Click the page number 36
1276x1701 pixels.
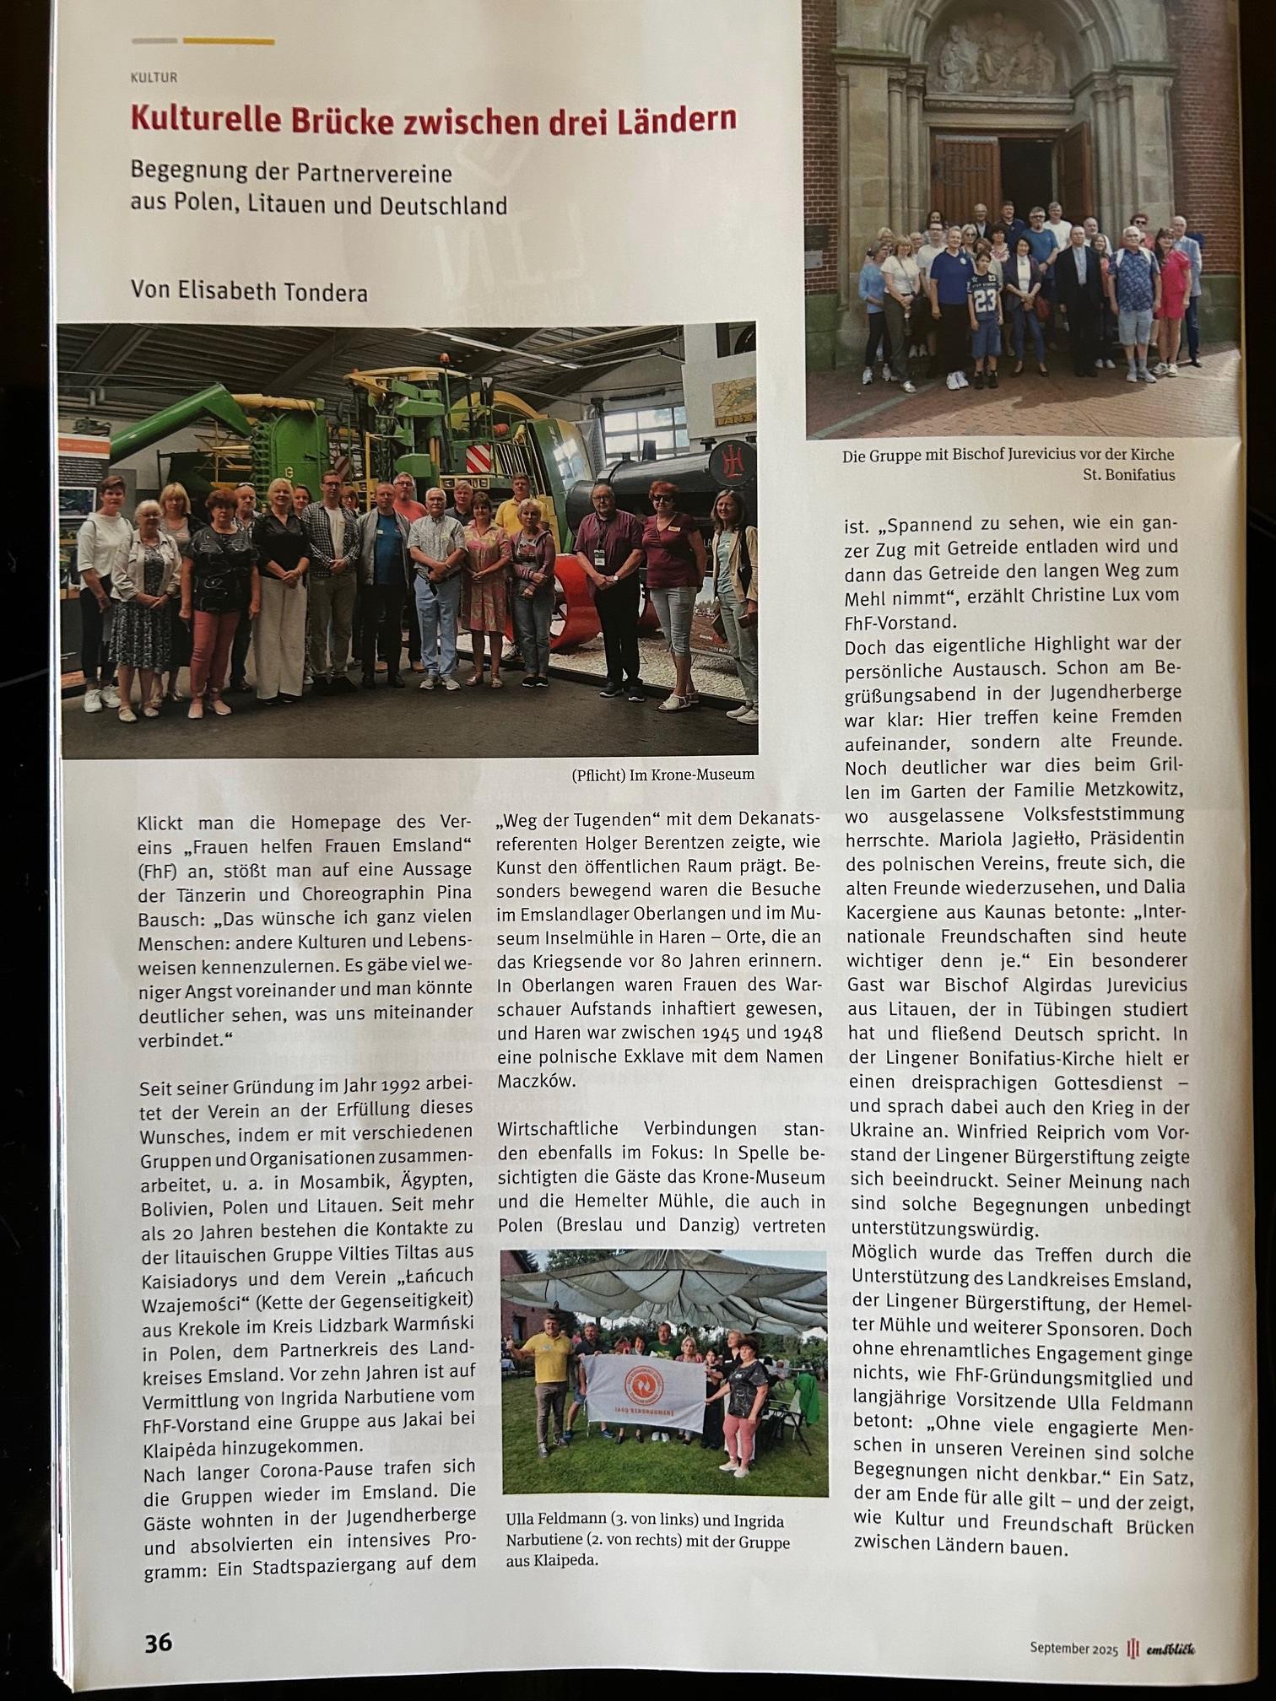158,1643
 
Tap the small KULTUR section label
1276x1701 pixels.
154,78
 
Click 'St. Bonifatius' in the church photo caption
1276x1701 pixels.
1128,475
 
